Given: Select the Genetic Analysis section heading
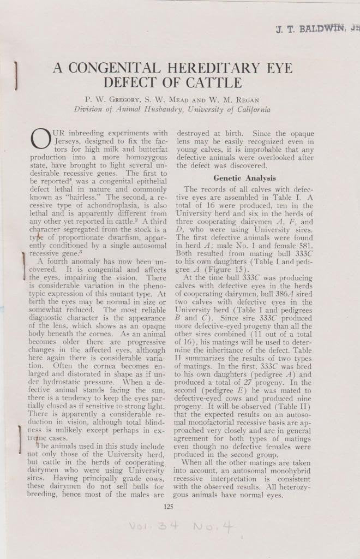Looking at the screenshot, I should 244,178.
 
